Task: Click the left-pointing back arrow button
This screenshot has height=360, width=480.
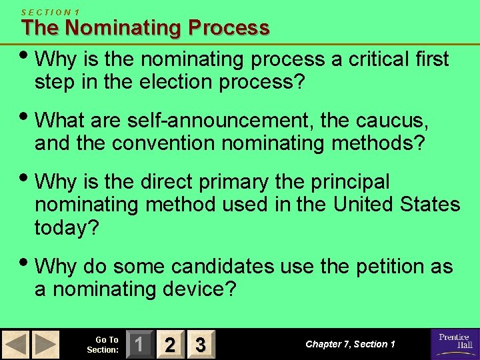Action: click(x=15, y=344)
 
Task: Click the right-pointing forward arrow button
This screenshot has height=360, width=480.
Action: click(x=45, y=344)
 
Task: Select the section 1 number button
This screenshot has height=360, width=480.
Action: click(x=139, y=344)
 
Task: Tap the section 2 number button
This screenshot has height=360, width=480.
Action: click(x=170, y=344)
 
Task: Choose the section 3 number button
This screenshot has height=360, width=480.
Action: click(x=199, y=344)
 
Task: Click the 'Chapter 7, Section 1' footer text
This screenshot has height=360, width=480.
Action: click(x=350, y=344)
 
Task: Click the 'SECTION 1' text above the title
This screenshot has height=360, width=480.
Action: click(x=50, y=11)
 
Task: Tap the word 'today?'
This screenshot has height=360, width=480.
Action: click(x=66, y=227)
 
